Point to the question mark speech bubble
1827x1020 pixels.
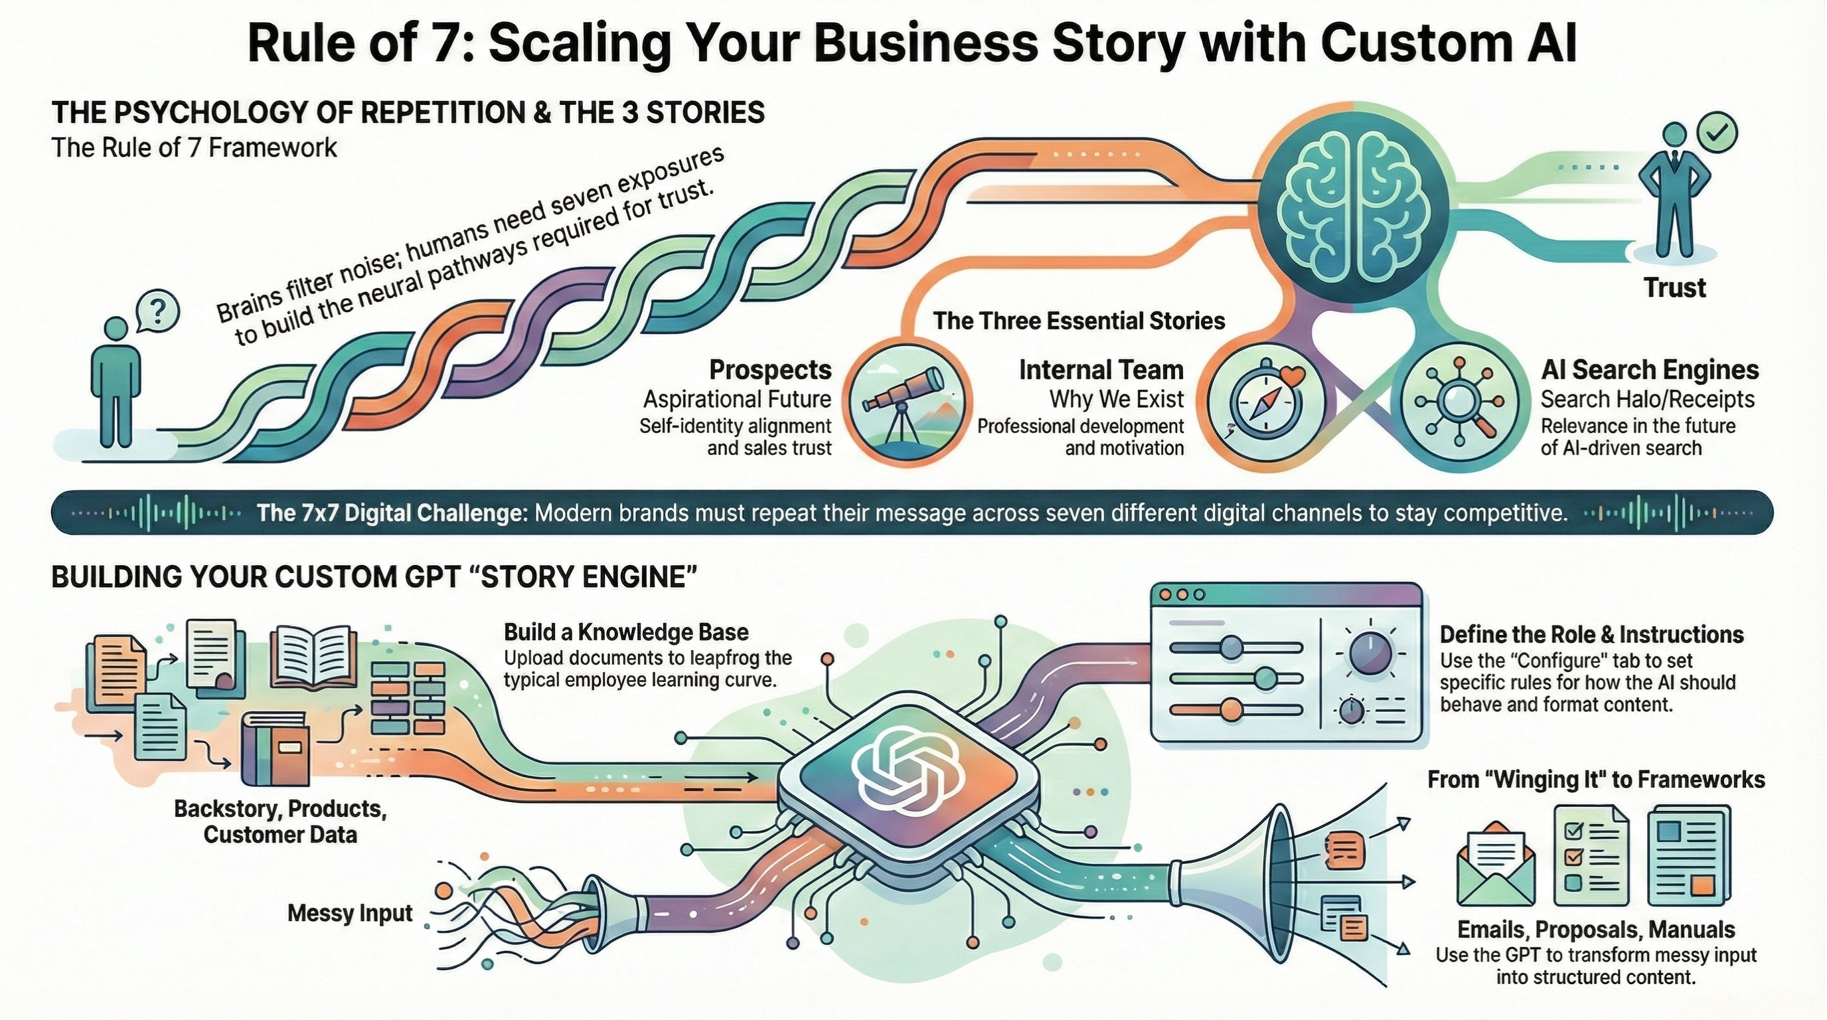coord(157,311)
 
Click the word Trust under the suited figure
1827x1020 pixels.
coord(1674,288)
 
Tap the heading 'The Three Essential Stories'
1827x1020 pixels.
coord(1079,321)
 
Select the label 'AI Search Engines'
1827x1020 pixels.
coord(1650,371)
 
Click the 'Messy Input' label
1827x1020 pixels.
coord(350,913)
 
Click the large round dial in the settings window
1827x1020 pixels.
coord(1370,654)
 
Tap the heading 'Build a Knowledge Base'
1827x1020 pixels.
coord(626,633)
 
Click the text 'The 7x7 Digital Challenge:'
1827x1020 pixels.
coord(392,513)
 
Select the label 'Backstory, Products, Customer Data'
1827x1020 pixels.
coord(280,821)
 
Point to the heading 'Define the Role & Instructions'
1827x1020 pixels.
coord(1591,634)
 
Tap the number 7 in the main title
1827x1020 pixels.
coord(437,42)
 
